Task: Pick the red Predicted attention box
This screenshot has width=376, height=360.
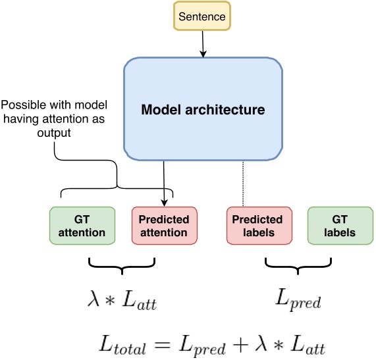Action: pos(164,225)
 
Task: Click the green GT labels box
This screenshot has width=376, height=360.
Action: pos(340,225)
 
